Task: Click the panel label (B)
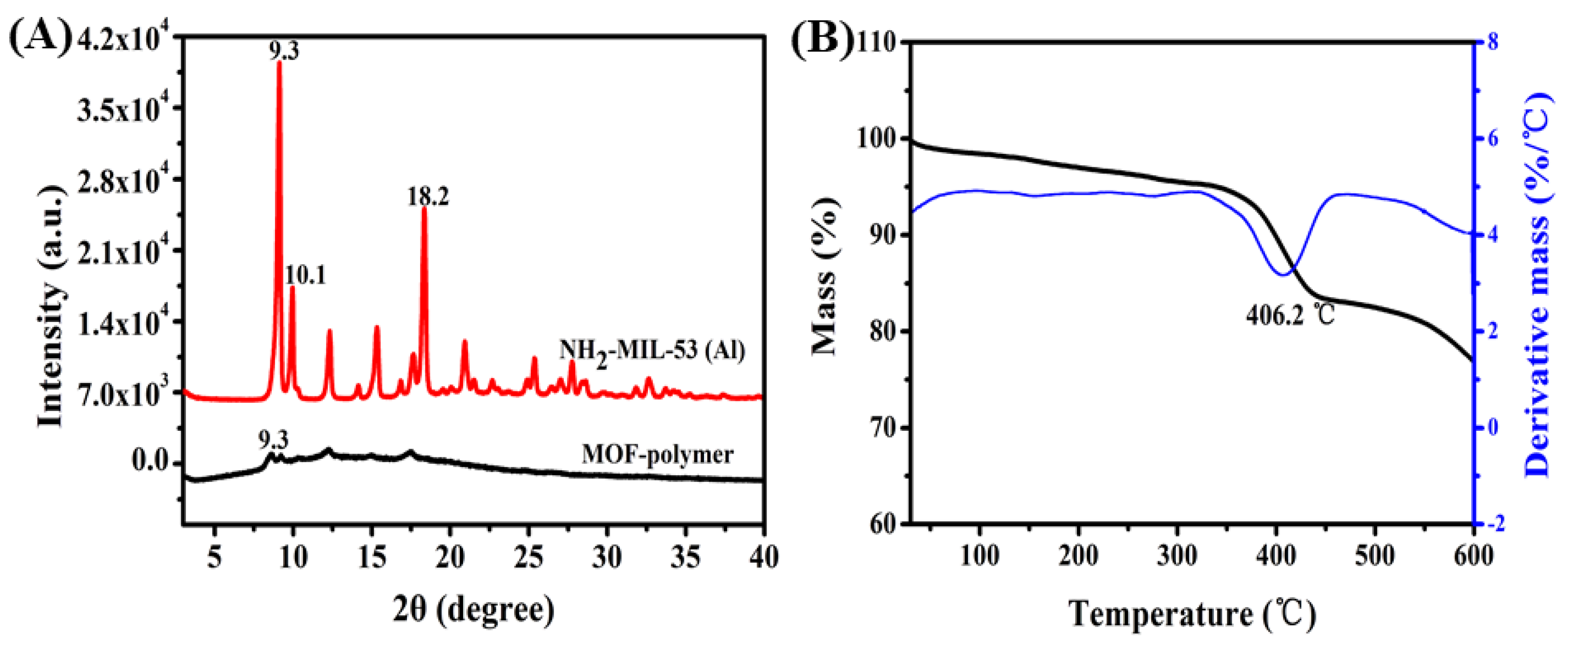pos(822,41)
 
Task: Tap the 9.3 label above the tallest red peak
pos(285,51)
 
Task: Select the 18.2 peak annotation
pos(428,196)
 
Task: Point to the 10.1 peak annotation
pos(305,275)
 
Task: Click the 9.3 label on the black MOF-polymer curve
pos(274,439)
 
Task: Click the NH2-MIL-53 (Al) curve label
pos(652,352)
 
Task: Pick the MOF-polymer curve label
pos(657,455)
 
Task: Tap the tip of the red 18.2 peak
pos(424,208)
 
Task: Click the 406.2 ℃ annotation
pos(1290,315)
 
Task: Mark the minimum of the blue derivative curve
pos(1284,275)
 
